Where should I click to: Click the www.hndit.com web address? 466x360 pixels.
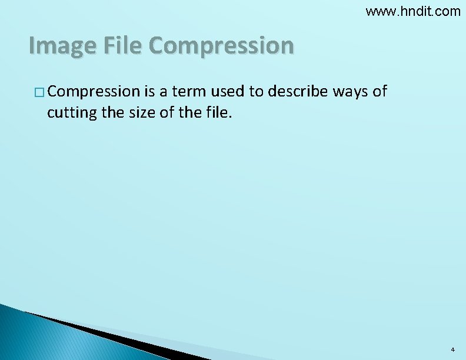coord(413,11)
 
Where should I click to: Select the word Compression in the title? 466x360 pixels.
coord(222,45)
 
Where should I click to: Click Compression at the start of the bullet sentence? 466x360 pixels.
coord(94,92)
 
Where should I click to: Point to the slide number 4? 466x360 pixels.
coord(452,349)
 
